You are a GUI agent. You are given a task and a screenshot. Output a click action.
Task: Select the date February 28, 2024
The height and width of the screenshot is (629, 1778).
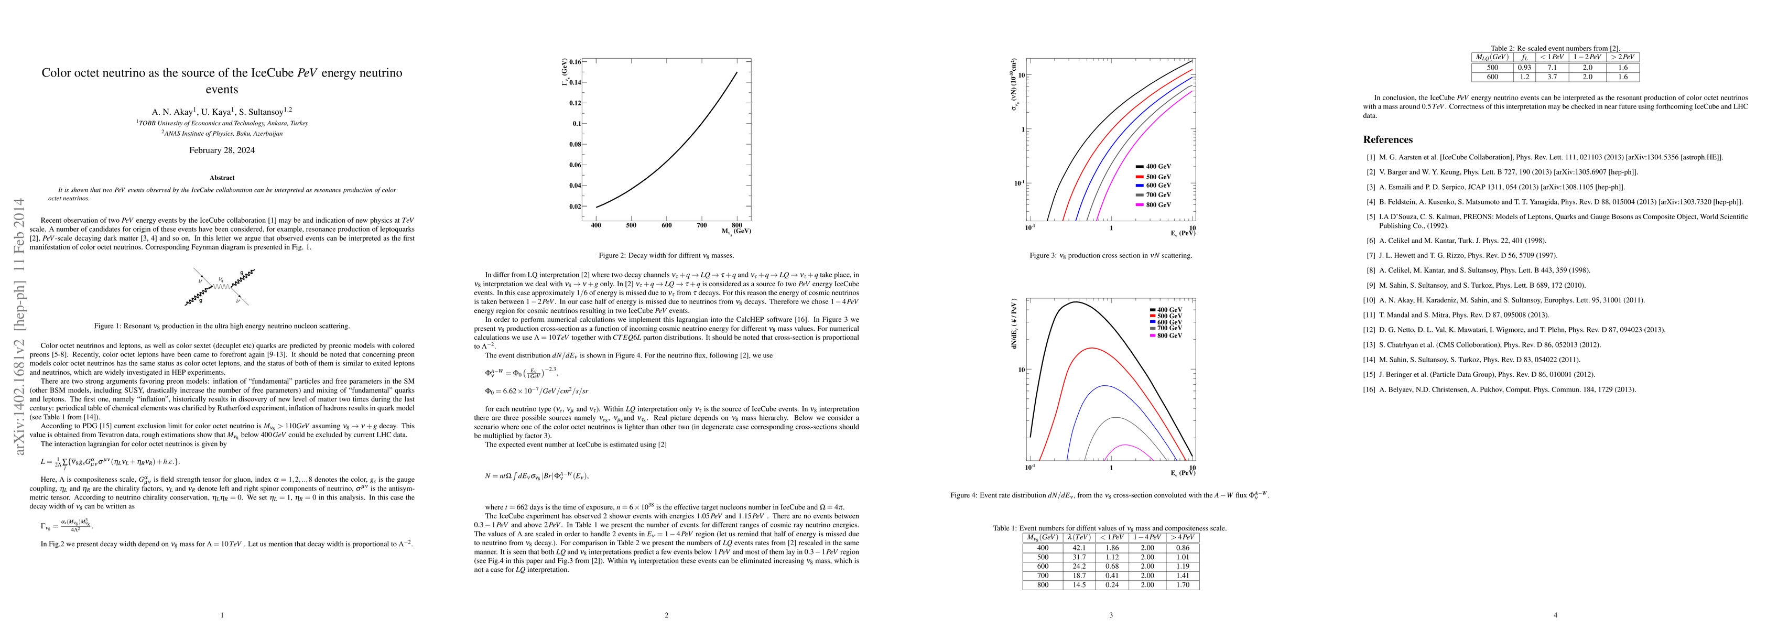pos(222,150)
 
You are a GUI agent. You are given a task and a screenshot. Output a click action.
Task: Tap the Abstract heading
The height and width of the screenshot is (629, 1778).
pos(222,178)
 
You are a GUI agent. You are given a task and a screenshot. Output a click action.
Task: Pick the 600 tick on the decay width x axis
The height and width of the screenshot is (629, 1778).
pos(666,225)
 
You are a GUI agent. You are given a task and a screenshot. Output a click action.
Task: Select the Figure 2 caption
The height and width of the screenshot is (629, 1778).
pos(666,255)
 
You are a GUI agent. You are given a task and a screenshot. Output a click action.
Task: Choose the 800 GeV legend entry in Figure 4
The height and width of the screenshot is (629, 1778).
pos(1166,335)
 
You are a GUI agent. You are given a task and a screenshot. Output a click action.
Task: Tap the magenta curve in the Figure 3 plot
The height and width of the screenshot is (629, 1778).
pos(1146,138)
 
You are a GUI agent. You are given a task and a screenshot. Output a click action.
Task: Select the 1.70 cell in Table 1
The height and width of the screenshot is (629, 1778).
pos(1183,585)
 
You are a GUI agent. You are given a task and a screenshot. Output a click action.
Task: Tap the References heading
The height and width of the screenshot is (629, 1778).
pos(1387,139)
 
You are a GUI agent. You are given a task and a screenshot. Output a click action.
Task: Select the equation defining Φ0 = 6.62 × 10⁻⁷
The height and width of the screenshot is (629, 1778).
pos(536,391)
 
